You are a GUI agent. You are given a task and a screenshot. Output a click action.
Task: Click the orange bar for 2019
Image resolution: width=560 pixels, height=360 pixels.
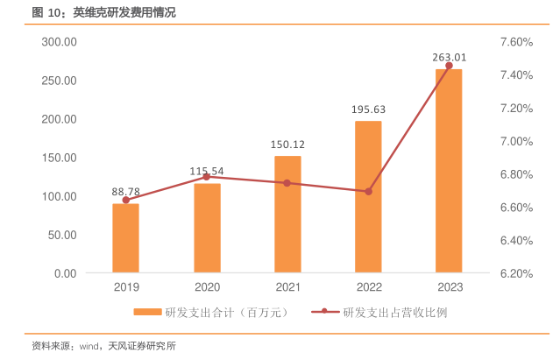pyautogui.click(x=125, y=238)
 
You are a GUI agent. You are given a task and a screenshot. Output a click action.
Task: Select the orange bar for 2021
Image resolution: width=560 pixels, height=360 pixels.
pyautogui.click(x=287, y=215)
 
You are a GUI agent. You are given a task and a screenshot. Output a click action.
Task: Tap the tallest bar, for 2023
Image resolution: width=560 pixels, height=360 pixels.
pyautogui.click(x=449, y=171)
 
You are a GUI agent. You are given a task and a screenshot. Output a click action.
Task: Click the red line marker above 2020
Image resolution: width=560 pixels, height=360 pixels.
pyautogui.click(x=207, y=177)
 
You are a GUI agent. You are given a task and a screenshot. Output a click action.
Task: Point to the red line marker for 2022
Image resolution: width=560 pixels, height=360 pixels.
pyautogui.click(x=368, y=191)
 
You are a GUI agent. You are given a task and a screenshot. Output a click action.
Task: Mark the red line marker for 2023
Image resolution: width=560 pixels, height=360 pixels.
pyautogui.click(x=449, y=66)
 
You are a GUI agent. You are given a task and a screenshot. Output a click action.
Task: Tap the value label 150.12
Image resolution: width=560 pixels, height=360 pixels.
pyautogui.click(x=287, y=145)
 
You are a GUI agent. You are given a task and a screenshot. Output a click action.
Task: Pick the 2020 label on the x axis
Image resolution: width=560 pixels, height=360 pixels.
pyautogui.click(x=207, y=286)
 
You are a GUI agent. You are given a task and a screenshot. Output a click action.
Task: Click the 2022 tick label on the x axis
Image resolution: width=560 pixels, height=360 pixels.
pyautogui.click(x=368, y=286)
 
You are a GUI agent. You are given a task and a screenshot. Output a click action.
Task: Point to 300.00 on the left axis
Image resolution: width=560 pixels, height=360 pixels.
pyautogui.click(x=60, y=42)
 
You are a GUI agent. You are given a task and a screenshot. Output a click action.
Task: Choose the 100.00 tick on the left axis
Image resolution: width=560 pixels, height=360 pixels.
pyautogui.click(x=60, y=196)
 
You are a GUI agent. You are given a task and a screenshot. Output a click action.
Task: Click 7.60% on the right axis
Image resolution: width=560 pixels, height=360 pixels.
pyautogui.click(x=516, y=42)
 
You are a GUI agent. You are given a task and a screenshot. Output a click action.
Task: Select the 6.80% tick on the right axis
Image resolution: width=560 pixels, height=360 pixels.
pyautogui.click(x=516, y=174)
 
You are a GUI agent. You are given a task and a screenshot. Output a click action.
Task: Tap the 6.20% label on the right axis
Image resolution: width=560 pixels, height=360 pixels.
pyautogui.click(x=516, y=273)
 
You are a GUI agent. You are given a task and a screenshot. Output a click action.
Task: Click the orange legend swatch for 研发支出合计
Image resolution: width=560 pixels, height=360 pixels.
pyautogui.click(x=147, y=312)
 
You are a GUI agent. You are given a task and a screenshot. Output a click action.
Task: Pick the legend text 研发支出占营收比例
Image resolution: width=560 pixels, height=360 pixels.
pyautogui.click(x=395, y=312)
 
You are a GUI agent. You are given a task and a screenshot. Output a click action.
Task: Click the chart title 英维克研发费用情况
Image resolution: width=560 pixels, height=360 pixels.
pyautogui.click(x=127, y=12)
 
